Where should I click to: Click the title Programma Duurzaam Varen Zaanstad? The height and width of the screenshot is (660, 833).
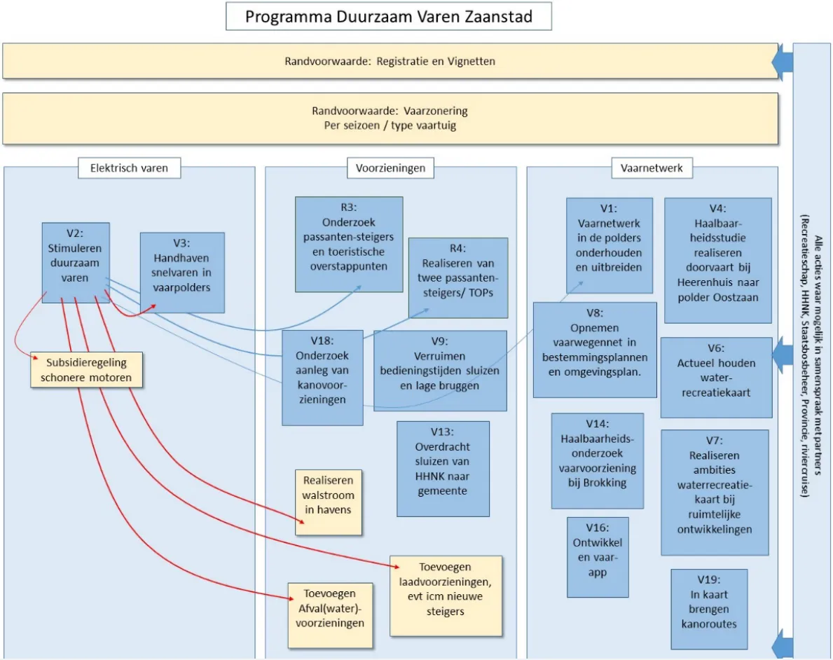(388, 17)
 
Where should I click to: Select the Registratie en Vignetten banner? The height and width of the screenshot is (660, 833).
(390, 61)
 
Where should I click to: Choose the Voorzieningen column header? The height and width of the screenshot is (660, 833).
(390, 168)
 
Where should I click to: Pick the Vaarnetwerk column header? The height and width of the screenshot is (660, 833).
(651, 168)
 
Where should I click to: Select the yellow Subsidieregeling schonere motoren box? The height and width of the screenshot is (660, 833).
(86, 370)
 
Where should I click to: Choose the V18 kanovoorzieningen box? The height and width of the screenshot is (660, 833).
(322, 378)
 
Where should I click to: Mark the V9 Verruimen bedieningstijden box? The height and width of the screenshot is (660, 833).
(440, 370)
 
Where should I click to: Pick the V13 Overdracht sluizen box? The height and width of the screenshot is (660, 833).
(442, 468)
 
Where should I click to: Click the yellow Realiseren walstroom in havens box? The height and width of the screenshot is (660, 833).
(329, 502)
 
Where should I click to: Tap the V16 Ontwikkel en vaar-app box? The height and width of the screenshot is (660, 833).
(598, 557)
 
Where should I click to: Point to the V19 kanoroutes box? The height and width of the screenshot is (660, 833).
(708, 608)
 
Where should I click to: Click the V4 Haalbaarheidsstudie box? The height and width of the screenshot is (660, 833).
(717, 260)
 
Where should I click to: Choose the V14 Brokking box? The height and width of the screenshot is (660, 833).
(597, 460)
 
